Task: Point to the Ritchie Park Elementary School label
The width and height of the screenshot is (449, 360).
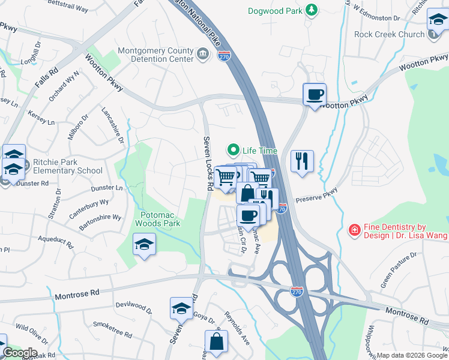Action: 68,166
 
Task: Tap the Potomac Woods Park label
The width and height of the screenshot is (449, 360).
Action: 160,219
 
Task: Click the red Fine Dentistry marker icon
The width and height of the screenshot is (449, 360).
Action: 355,230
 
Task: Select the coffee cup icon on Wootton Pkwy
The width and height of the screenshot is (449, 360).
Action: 315,94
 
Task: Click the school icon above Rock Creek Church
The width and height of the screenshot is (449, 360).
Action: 438,21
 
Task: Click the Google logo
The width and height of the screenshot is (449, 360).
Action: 19,353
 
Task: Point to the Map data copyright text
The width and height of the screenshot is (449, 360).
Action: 412,355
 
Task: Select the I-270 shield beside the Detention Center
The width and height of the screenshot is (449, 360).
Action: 224,56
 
